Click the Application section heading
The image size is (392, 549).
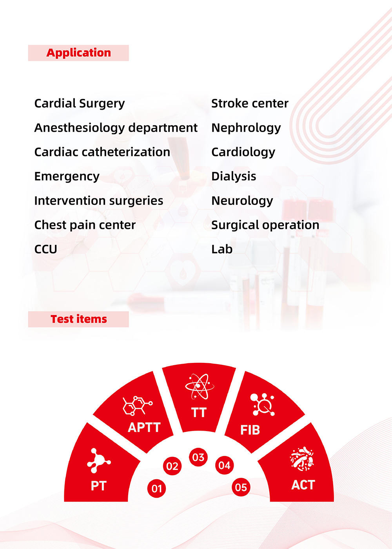click(78, 53)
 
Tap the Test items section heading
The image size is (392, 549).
click(79, 319)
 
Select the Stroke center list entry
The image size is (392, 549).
click(250, 103)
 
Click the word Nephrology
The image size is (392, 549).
click(246, 128)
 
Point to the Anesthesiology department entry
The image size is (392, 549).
click(116, 128)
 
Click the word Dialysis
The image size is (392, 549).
click(234, 177)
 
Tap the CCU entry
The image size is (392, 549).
click(45, 249)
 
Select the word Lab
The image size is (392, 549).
click(222, 249)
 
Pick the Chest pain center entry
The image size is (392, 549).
click(85, 225)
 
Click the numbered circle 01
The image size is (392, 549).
click(156, 489)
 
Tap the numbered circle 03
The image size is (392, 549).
click(198, 457)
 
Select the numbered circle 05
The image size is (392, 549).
click(241, 487)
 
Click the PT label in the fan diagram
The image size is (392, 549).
click(98, 486)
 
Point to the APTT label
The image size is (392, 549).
click(144, 428)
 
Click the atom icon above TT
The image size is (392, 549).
click(199, 386)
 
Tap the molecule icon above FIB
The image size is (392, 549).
click(262, 404)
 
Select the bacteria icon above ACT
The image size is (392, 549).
click(302, 459)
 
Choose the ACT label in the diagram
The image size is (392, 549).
click(303, 485)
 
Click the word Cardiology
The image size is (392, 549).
click(243, 152)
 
